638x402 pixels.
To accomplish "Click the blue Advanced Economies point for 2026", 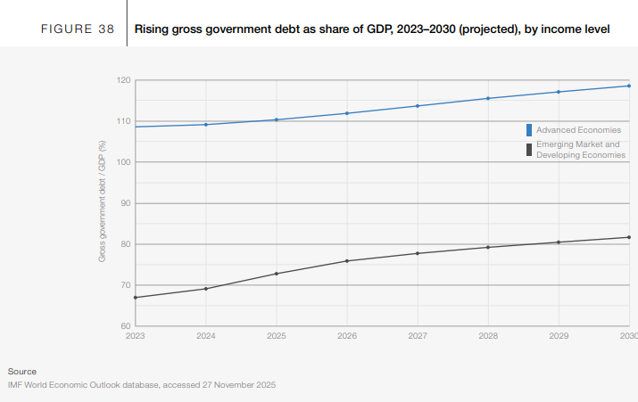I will [347, 113].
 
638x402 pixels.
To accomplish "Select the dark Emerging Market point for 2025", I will [277, 274].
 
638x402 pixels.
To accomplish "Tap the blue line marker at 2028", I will [488, 98].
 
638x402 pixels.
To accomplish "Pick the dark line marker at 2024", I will [206, 289].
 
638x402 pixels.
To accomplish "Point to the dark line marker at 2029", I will [559, 242].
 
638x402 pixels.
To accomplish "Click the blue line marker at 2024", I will [206, 125].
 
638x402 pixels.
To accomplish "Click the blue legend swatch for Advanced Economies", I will [529, 130].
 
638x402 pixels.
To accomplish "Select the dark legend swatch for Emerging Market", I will [529, 149].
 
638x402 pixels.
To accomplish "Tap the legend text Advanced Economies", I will [578, 130].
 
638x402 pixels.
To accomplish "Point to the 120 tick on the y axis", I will [124, 80].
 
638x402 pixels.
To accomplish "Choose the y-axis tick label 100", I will [124, 162].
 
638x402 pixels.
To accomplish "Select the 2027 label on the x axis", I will [418, 336].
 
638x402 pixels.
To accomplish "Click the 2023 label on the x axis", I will [136, 336].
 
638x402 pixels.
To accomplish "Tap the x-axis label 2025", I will [277, 336].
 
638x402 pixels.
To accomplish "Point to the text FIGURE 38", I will [78, 29].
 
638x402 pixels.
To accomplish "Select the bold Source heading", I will [22, 371].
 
